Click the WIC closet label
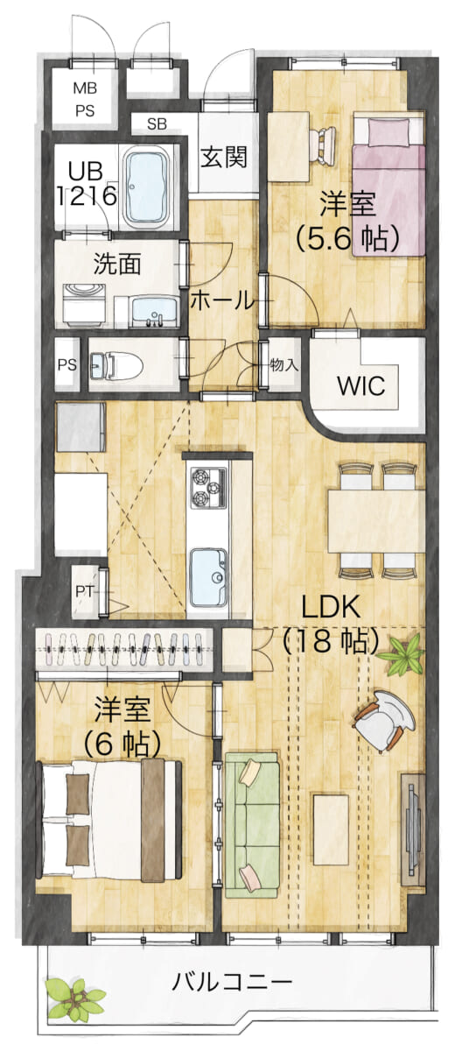[360, 385]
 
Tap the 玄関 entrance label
[224, 157]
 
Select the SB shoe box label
[157, 124]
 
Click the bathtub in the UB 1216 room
[146, 187]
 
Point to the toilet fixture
[115, 365]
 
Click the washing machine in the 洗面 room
[83, 306]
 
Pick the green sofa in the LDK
[252, 825]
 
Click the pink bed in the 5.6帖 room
[388, 185]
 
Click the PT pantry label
[84, 592]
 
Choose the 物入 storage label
[284, 365]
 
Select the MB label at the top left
[85, 88]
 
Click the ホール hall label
[221, 300]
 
